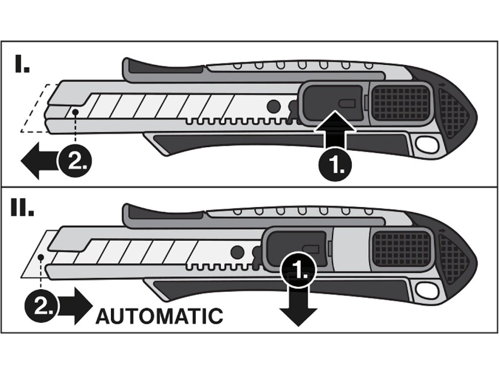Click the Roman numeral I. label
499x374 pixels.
click(22, 64)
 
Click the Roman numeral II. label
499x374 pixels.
click(22, 208)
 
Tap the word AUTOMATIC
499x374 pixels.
click(159, 316)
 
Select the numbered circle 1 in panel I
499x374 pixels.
click(335, 164)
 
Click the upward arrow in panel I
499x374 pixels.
click(335, 129)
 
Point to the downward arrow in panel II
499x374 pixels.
click(298, 306)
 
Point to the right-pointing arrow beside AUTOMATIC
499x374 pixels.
click(73, 306)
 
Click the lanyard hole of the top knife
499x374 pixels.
click(427, 145)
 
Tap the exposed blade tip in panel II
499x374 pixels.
click(35, 253)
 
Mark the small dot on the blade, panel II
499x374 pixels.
click(40, 257)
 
